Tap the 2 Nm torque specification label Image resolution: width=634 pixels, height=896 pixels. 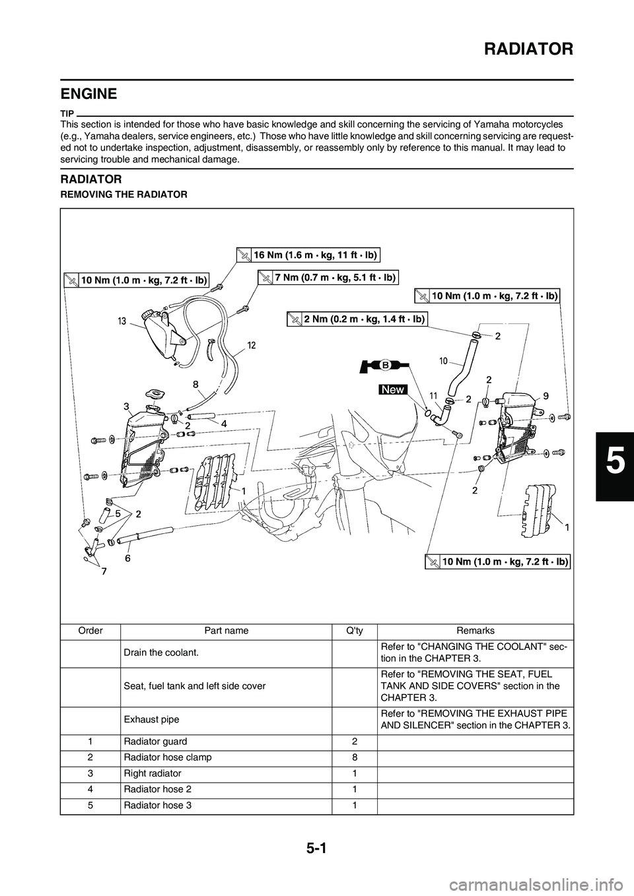pos(357,319)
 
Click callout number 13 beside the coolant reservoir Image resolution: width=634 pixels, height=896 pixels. pos(122,321)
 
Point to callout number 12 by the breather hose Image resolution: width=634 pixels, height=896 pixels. pos(252,345)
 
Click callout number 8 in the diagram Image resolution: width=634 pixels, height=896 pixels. pos(196,383)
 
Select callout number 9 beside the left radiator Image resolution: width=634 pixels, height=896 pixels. pos(546,396)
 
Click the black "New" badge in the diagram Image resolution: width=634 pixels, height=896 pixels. pos(393,390)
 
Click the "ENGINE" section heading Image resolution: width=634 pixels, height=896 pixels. pos(88,94)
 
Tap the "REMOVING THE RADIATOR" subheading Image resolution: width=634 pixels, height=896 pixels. pos(123,195)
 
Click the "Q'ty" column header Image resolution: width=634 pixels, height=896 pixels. pos(355,631)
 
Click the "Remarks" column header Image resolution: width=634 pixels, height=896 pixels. pos(475,631)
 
